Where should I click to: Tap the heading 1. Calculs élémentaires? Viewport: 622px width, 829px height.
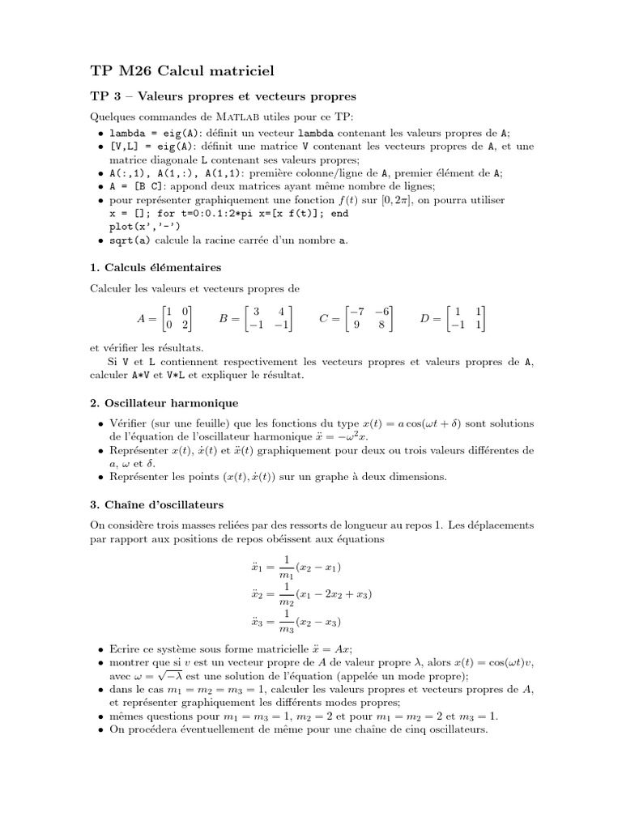[x=155, y=266]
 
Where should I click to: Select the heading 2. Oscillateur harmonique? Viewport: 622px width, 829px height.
[x=164, y=402]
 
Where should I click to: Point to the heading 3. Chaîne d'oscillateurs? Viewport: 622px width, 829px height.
[x=156, y=504]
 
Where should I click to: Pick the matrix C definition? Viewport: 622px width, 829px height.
[x=356, y=319]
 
